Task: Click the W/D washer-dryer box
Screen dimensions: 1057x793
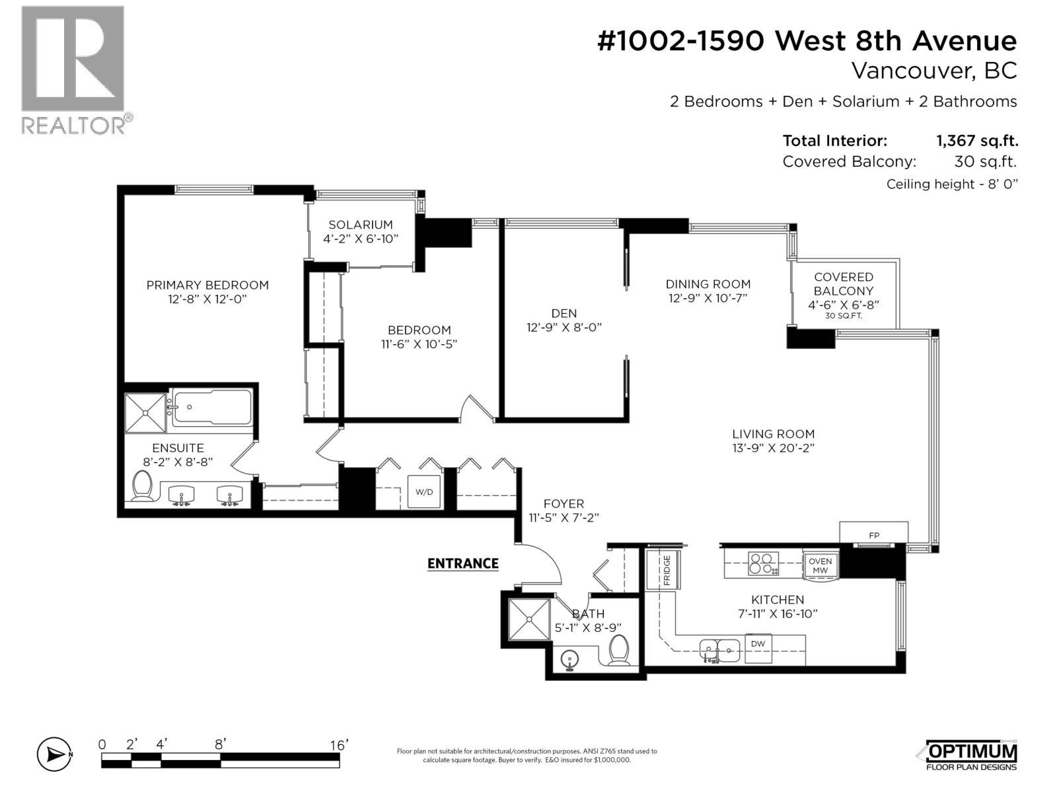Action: click(423, 491)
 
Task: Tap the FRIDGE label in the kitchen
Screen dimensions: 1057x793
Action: click(667, 570)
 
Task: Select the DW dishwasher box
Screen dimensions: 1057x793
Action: click(758, 648)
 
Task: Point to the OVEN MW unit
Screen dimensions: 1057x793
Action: click(820, 566)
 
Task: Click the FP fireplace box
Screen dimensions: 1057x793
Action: click(873, 535)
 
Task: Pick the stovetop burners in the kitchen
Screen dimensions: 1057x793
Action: click(763, 564)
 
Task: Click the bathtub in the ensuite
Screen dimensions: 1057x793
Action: click(213, 407)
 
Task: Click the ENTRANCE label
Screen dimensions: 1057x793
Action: click(463, 563)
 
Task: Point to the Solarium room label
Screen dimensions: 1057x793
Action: click(361, 225)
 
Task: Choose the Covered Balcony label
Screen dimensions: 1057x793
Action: click(843, 284)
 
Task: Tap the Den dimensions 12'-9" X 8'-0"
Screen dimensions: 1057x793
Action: click(564, 327)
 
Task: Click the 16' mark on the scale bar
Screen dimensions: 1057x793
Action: click(338, 745)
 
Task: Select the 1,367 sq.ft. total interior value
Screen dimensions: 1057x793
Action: click(977, 141)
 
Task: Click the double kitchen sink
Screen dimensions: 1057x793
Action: click(720, 651)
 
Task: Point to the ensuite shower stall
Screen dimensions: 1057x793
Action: click(145, 412)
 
